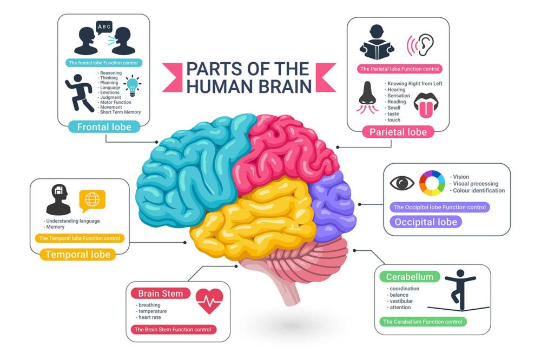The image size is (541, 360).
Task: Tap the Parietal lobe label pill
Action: coord(398,132)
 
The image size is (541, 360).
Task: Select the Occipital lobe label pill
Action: coord(426,222)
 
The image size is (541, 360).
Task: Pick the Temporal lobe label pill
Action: coord(78,254)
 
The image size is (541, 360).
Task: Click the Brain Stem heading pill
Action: coord(161,294)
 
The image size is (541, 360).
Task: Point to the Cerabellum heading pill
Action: coord(410,277)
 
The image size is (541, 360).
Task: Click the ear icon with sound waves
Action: coord(421,46)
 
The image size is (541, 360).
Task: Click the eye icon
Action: coord(402,183)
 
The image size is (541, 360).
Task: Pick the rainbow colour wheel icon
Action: coord(432,183)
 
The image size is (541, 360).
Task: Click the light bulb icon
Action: coord(133,86)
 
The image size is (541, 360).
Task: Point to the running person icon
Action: coord(79,93)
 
